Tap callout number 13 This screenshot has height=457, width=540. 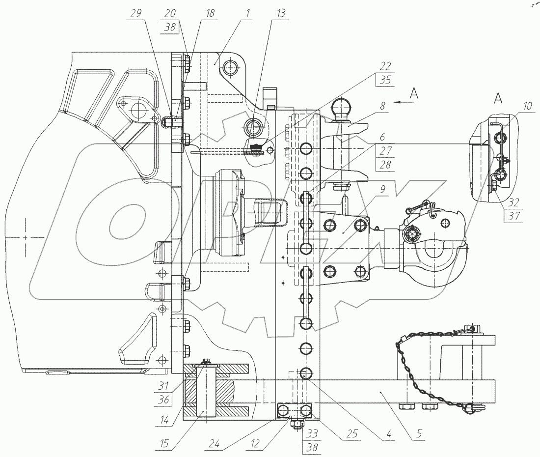280,14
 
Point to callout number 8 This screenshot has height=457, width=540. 382,105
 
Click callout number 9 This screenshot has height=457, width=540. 382,188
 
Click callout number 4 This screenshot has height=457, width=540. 389,434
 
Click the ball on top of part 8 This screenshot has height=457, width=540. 340,106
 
